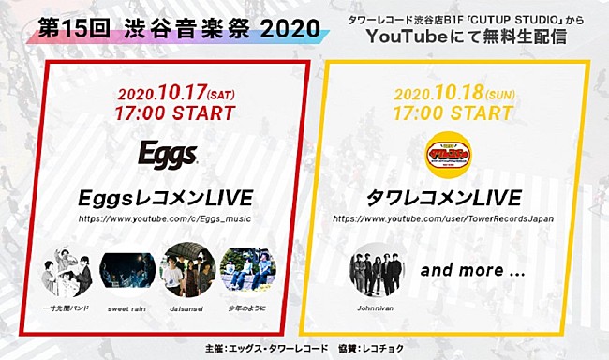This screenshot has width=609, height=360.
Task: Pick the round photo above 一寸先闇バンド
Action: (x=67, y=269)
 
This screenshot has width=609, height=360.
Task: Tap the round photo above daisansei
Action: (x=188, y=269)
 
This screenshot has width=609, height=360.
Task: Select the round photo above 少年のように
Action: (x=248, y=269)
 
